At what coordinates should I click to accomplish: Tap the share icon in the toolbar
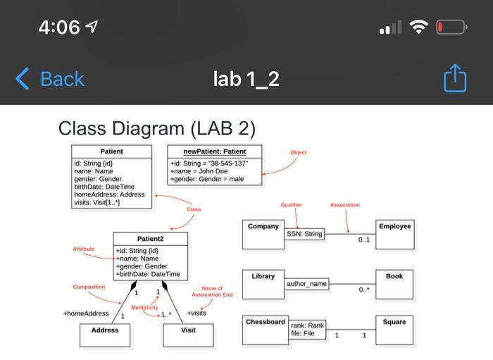[x=455, y=78]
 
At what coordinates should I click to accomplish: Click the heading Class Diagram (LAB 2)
[x=156, y=128]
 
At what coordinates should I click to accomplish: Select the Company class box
[x=263, y=235]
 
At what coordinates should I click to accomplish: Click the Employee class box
[x=394, y=235]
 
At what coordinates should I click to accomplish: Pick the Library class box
[x=263, y=284]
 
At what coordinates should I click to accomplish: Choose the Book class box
[x=394, y=284]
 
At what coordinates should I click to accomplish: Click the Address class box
[x=105, y=335]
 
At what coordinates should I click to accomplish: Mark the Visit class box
[x=188, y=335]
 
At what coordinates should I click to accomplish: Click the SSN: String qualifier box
[x=304, y=234]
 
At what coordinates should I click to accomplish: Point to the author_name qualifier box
[x=306, y=283]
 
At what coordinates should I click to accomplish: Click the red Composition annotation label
[x=89, y=287]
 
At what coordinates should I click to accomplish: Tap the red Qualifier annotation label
[x=291, y=205]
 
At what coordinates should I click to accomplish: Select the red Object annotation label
[x=298, y=152]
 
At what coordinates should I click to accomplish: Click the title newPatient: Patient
[x=215, y=151]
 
